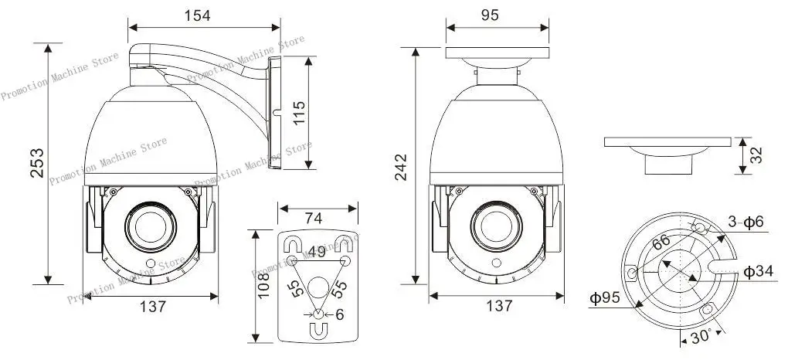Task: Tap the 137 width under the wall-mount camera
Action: click(153, 306)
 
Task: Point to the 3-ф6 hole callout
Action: click(746, 222)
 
